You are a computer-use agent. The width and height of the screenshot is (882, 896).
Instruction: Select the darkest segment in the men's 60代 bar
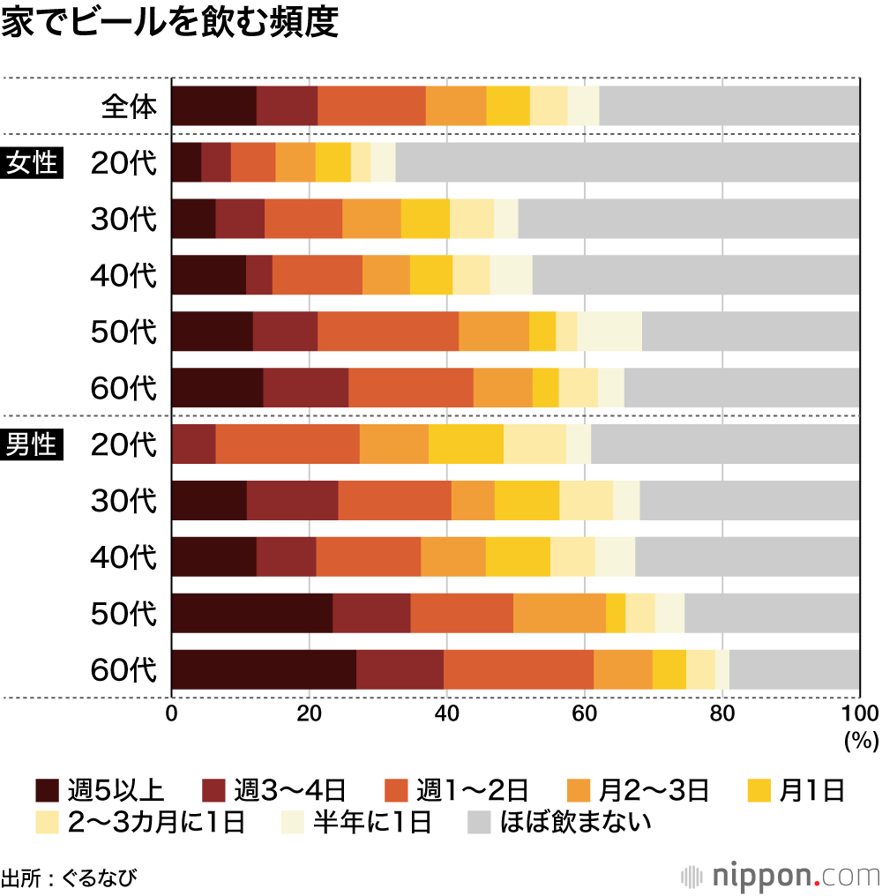263,669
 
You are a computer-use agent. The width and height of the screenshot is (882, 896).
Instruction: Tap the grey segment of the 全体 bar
729,106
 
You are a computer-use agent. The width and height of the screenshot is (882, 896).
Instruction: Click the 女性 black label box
33,163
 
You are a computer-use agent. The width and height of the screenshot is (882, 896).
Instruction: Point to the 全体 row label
129,107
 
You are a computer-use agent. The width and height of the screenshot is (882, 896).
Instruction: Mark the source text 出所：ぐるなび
69,877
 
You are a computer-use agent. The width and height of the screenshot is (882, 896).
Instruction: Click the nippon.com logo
780,877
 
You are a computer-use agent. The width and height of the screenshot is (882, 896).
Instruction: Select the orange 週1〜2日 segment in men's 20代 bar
287,444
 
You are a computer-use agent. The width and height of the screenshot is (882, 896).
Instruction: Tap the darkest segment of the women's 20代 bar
185,162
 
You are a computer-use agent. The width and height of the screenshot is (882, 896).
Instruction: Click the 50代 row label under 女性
123,332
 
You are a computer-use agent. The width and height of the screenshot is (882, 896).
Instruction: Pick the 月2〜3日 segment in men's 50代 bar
559,613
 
